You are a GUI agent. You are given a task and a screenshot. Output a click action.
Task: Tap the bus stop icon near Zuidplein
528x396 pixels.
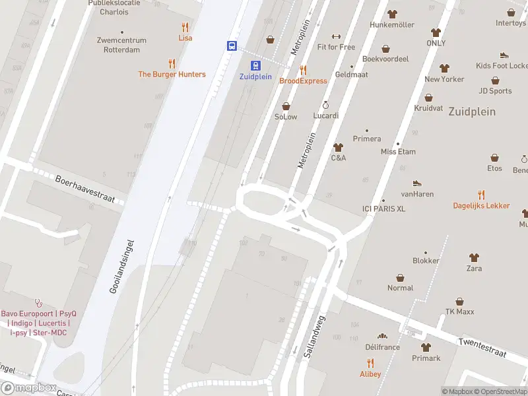click(x=232, y=46)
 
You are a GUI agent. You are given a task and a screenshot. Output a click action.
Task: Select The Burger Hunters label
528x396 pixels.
click(x=172, y=75)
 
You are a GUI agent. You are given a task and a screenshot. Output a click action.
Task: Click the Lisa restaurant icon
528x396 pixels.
click(x=185, y=28)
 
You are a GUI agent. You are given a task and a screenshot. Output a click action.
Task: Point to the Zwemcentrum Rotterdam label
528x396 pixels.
click(x=121, y=45)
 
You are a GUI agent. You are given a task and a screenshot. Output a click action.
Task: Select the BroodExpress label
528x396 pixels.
click(x=303, y=81)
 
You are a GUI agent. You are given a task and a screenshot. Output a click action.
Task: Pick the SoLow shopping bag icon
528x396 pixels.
click(x=286, y=106)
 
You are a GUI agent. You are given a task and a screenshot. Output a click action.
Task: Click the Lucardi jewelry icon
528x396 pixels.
click(x=325, y=105)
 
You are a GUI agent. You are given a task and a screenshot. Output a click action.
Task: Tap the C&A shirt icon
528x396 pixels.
click(x=339, y=147)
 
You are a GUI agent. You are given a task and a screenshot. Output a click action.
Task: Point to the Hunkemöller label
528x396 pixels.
click(x=392, y=25)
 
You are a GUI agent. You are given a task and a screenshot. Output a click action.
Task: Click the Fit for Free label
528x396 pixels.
click(x=336, y=47)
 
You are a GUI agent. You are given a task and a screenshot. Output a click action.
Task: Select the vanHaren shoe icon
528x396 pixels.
click(x=416, y=183)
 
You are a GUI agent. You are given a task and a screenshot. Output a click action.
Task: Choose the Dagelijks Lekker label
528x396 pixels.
click(x=481, y=205)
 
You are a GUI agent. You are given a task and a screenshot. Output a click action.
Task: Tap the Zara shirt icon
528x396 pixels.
click(x=474, y=257)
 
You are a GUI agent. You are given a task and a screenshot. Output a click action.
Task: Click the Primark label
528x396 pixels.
click(x=426, y=358)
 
